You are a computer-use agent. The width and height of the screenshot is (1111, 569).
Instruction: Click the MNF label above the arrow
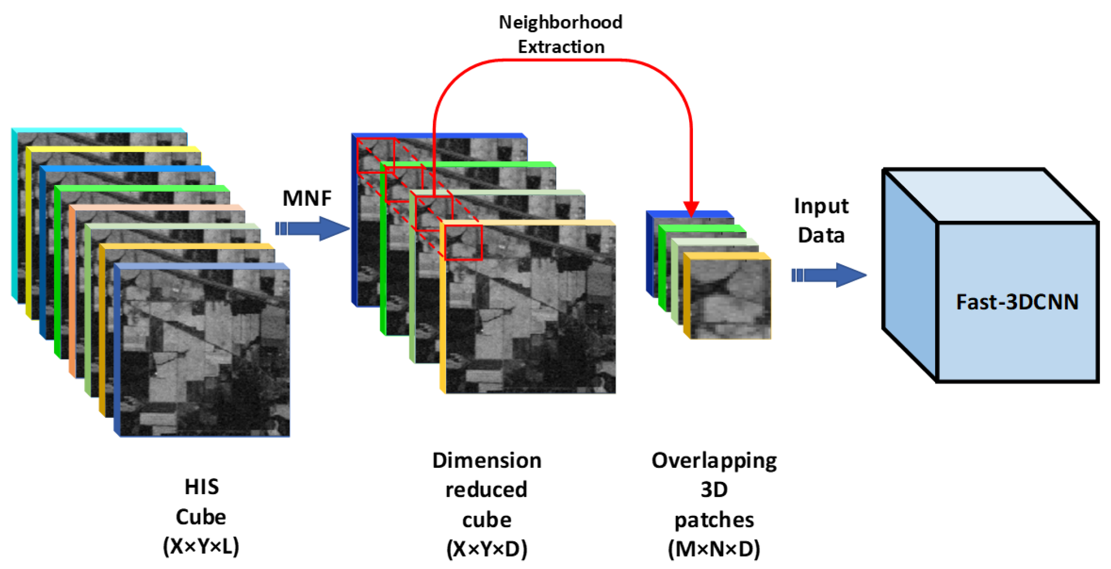(x=307, y=199)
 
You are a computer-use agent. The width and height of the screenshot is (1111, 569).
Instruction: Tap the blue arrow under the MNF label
(x=313, y=228)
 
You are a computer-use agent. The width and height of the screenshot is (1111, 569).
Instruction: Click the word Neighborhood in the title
(x=560, y=23)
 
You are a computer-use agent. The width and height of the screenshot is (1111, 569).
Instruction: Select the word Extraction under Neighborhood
(x=561, y=47)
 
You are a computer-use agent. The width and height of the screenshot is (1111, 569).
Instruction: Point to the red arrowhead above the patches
(x=691, y=209)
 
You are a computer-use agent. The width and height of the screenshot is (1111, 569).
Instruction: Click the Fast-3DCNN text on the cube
(x=1017, y=302)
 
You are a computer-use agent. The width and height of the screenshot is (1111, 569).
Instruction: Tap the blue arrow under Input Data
(x=828, y=275)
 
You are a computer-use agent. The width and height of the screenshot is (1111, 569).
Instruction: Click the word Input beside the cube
(x=821, y=206)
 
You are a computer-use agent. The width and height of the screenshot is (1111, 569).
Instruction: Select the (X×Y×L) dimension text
(x=201, y=546)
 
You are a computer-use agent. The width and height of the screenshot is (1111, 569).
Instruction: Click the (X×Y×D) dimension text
(x=486, y=549)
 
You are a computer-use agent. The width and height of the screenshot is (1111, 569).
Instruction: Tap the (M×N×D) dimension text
(x=714, y=549)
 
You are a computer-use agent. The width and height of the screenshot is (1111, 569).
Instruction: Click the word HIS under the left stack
(x=201, y=487)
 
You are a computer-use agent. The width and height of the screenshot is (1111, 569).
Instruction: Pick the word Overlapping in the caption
(x=714, y=460)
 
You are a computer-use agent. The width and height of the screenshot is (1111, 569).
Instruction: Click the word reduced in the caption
(x=486, y=490)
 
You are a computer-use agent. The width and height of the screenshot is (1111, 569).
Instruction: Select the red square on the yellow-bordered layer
(x=463, y=243)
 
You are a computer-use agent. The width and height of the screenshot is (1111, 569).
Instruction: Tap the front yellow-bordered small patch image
(x=730, y=298)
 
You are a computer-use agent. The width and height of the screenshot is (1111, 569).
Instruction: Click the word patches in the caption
(x=714, y=520)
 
